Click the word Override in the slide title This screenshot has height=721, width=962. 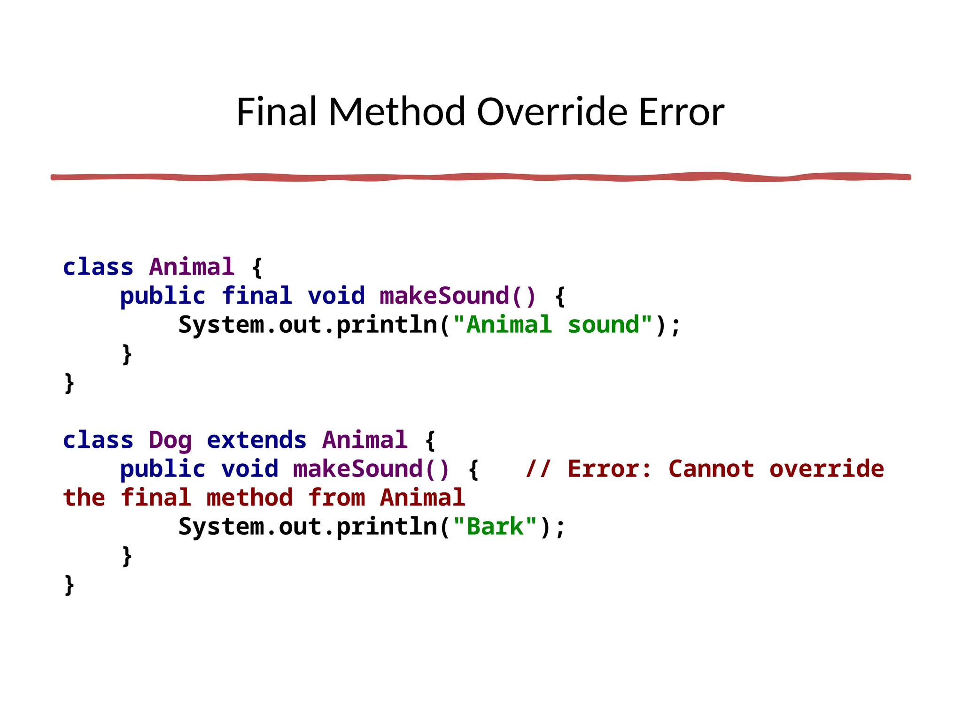(552, 112)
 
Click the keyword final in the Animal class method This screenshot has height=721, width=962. (257, 296)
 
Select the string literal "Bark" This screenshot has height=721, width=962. (495, 527)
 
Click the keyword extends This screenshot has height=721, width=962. (256, 440)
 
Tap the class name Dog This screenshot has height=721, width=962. (170, 440)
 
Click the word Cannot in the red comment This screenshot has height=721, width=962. (711, 469)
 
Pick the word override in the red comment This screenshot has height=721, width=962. (826, 469)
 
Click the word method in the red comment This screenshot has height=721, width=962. (249, 498)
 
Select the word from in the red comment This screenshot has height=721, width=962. (336, 498)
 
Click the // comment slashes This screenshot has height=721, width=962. (538, 469)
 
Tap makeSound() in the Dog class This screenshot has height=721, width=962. (371, 469)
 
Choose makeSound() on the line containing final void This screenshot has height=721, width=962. (458, 296)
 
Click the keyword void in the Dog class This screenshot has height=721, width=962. (249, 469)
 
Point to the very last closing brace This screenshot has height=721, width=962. (69, 585)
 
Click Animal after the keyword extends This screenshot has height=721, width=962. (365, 440)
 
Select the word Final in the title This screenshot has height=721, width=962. (276, 112)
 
